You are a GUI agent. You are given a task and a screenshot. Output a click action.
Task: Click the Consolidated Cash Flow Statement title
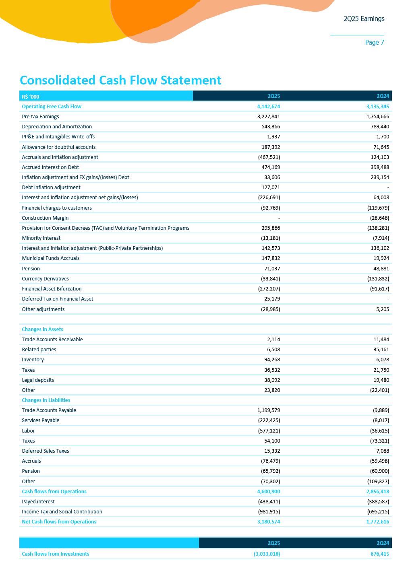120,80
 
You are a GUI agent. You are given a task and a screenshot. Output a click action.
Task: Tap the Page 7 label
374,42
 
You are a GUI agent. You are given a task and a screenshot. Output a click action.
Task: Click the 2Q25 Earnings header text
364,19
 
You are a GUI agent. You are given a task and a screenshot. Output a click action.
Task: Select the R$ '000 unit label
31,97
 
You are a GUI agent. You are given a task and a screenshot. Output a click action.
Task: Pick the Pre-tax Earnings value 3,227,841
268,117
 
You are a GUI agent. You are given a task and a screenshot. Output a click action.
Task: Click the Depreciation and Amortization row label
57,127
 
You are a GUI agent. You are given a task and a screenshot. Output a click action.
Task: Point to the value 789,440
380,127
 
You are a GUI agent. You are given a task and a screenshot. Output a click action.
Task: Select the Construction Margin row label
45,218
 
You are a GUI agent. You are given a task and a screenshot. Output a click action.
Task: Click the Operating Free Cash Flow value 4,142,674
268,107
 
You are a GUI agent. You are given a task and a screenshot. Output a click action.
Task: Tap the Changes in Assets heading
42,330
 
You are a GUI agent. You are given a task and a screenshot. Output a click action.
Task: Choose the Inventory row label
33,360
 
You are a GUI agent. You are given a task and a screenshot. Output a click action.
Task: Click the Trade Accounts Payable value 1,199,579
268,410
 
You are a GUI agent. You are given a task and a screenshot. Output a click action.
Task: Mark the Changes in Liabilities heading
46,400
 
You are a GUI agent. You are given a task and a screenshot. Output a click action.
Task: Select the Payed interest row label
38,502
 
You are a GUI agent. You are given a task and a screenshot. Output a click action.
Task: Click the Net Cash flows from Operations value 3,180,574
268,522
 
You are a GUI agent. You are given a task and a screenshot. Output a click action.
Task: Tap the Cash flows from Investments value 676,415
380,554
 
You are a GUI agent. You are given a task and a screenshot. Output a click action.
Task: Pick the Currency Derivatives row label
45,279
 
